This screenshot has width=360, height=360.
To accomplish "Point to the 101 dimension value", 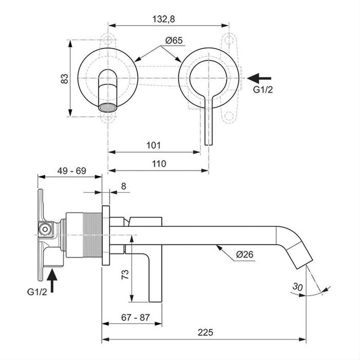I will (x=153, y=145).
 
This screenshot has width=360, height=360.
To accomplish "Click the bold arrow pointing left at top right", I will (x=260, y=78).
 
